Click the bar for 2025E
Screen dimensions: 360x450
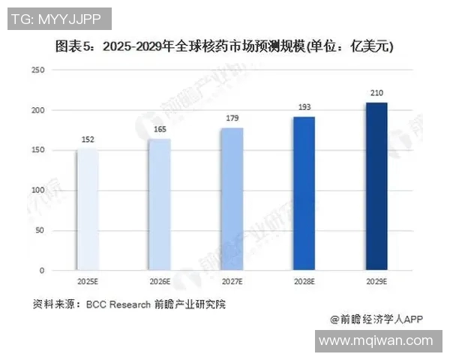point(87,208)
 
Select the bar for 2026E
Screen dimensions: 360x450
point(159,204)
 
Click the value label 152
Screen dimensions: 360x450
point(87,139)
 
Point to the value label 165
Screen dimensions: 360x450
point(159,130)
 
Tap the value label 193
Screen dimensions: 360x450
point(304,107)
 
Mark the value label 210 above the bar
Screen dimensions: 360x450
point(376,93)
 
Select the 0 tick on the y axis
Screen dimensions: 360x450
point(43,270)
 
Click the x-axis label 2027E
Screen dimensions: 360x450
point(232,282)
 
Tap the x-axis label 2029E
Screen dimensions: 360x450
point(376,282)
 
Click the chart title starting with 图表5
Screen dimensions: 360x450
point(225,46)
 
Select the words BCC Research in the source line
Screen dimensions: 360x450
point(118,304)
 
